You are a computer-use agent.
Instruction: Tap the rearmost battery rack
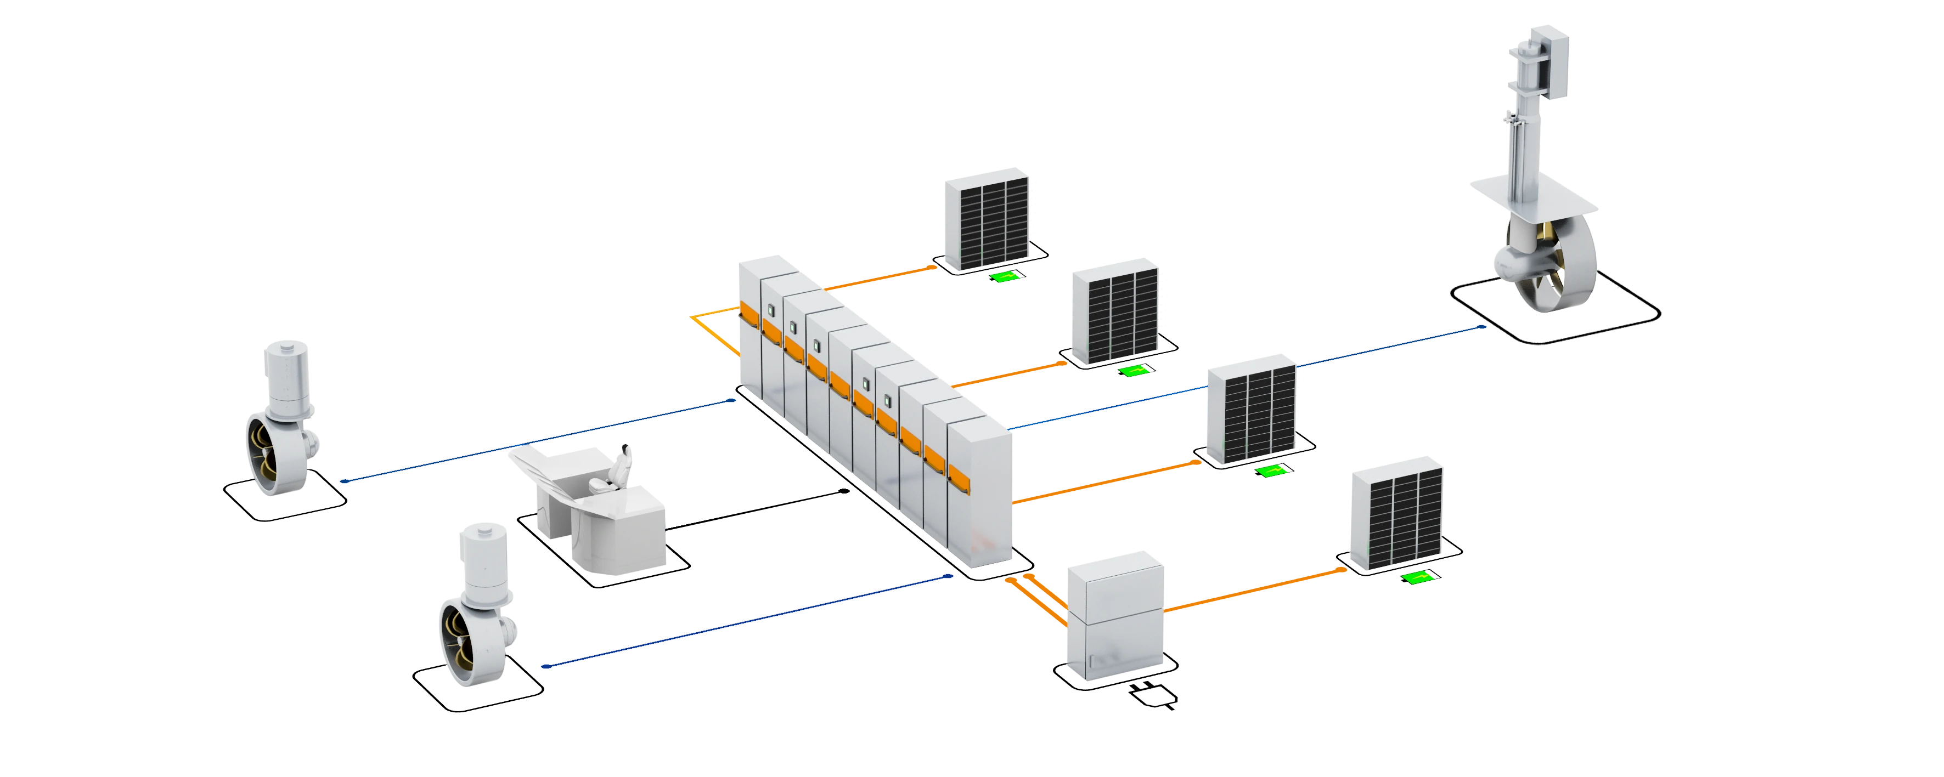point(988,223)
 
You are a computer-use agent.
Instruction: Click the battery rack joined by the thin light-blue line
point(1253,415)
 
